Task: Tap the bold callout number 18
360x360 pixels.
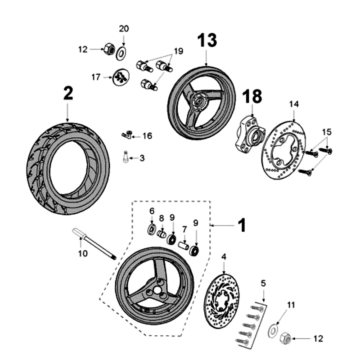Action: point(252,97)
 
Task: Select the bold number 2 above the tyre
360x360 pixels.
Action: point(67,94)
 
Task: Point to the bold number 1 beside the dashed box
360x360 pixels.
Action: point(242,225)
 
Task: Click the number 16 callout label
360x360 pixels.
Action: point(147,135)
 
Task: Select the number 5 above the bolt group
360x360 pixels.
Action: point(263,283)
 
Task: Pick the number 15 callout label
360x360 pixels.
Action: point(326,132)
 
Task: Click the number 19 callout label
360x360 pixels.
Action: point(178,52)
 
